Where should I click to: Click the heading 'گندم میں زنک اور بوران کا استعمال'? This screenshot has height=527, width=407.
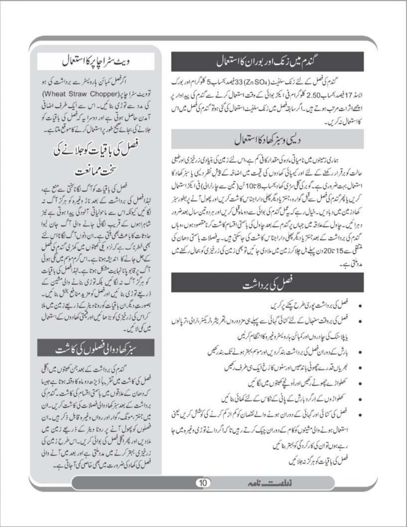268,61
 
